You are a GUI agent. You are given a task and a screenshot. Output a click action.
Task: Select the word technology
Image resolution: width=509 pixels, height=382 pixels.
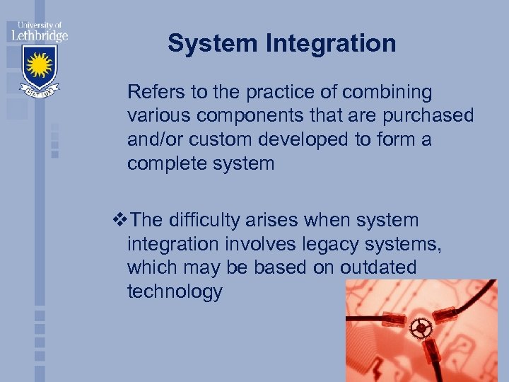(175, 292)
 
